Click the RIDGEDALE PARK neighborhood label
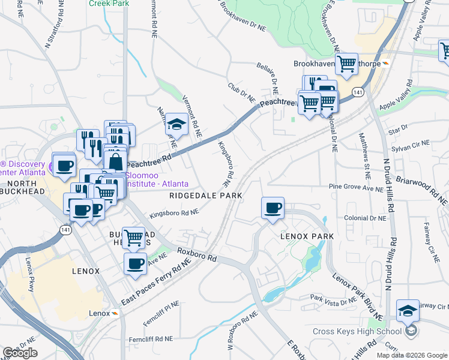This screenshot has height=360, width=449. pos(206,196)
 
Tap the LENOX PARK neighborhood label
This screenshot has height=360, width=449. pos(307,236)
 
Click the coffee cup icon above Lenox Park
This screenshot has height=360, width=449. pos(273,208)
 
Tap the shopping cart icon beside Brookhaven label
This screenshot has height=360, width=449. pos(346,64)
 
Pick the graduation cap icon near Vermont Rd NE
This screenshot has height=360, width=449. pos(177,124)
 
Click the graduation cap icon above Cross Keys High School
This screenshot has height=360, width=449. pos(408,310)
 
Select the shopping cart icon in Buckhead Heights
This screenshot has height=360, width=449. pos(133,238)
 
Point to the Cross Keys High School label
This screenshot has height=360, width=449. pos(357,332)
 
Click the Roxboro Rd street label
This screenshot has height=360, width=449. pos(196,253)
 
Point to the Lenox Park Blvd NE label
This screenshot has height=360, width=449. pos(358,295)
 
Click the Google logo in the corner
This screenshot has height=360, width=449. pos(20,352)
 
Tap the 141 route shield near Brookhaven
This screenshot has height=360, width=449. pos(358,92)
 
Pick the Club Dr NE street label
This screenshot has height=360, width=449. pos(241,93)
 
